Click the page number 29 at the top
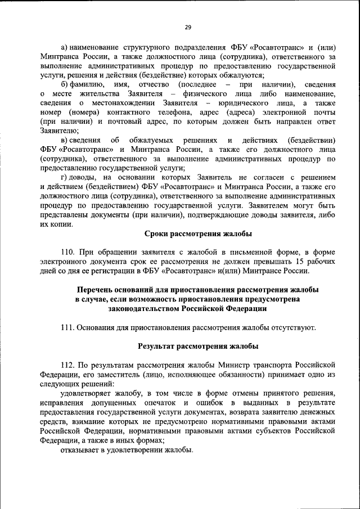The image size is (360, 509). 188,26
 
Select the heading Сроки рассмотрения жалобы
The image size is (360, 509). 198,233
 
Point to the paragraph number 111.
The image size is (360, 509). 67,327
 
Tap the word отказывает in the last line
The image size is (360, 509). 79,451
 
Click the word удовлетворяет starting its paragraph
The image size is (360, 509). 85,395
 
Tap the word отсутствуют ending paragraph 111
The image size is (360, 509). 292,327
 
